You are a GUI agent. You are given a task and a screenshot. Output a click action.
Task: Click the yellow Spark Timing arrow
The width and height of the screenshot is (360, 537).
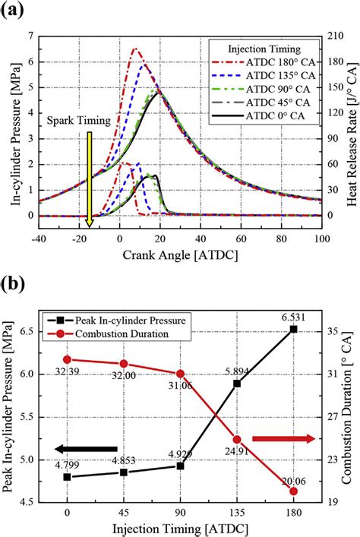tap(90, 178)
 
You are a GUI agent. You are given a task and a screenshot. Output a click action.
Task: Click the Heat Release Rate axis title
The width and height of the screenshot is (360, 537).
tap(350, 125)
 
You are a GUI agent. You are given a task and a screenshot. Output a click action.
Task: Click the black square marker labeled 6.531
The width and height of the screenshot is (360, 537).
tap(294, 329)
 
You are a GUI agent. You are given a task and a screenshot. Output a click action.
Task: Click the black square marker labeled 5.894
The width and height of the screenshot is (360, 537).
tap(237, 384)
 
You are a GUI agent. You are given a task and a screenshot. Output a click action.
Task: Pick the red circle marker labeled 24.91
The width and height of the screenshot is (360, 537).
tap(237, 439)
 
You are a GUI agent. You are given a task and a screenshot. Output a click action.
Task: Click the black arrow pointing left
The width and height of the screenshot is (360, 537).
tap(84, 449)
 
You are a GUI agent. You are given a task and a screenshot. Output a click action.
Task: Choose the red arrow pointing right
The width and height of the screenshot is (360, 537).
tap(283, 438)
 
